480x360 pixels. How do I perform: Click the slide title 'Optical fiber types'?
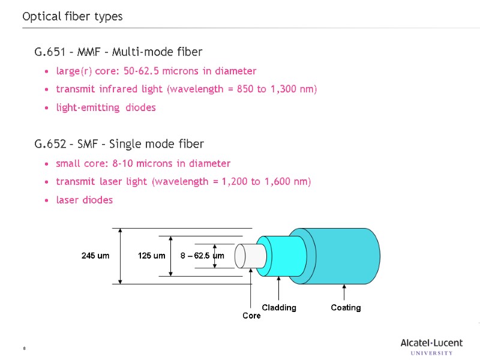72,17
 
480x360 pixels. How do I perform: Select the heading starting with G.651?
118,52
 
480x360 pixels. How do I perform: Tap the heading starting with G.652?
119,144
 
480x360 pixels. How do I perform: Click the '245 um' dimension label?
95,256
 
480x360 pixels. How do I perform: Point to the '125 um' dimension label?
151,256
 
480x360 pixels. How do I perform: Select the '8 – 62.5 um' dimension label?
202,256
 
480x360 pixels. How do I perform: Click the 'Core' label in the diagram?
251,316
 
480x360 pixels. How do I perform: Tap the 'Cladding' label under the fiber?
279,308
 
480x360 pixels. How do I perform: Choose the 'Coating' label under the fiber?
346,308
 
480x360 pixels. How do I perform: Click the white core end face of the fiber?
240,256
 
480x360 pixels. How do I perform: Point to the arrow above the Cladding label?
278,286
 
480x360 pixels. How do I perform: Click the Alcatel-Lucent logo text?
431,343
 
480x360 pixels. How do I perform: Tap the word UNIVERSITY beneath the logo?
432,353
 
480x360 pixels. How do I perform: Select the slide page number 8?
24,349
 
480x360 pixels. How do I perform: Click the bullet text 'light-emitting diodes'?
106,108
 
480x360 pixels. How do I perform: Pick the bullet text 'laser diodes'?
84,200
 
